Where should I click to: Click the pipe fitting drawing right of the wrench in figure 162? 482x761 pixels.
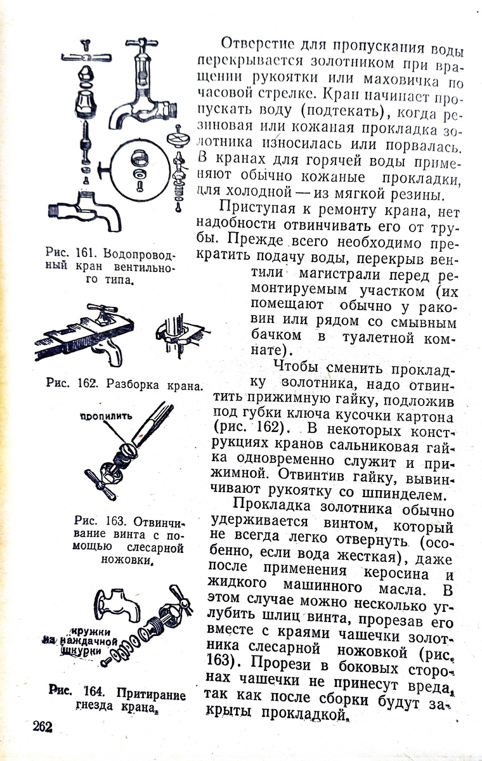[x=181, y=333]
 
